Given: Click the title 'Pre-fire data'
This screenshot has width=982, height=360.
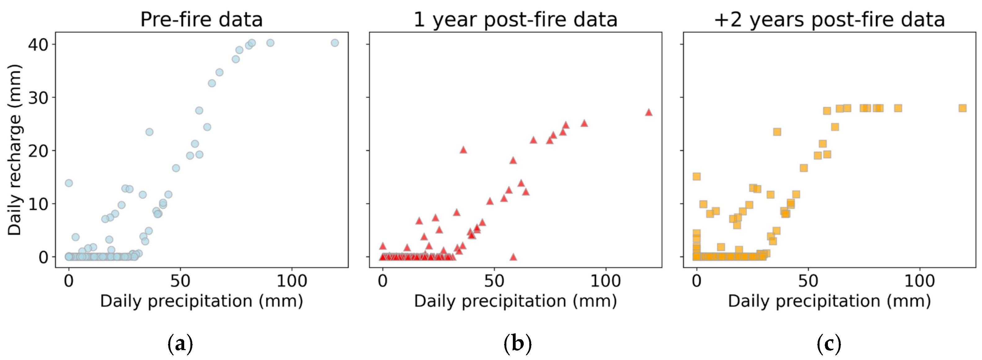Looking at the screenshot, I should pos(201,19).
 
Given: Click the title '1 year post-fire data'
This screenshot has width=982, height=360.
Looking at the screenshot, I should pos(515,19).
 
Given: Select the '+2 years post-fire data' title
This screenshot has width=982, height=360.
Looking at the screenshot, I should pos(829,19).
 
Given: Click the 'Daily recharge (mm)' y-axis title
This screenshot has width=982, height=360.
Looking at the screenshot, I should pos(15,150).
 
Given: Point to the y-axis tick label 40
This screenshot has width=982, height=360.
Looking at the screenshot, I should pos(38,45).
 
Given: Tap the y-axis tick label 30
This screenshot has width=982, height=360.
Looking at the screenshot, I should pos(38,98).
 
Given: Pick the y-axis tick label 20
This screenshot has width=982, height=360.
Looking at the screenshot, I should pos(38,151).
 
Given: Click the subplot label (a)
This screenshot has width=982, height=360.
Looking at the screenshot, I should pos(180,344).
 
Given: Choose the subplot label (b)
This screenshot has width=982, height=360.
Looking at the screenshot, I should pos(517,344).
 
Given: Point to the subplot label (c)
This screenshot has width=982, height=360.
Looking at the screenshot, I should pos(829,344).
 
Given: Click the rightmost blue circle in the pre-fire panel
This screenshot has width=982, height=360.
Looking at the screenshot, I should pos(335,43).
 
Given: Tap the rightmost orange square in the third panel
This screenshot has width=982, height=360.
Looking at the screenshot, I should pos(962,108).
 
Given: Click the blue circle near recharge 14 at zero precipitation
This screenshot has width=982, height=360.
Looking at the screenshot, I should pos(69,183).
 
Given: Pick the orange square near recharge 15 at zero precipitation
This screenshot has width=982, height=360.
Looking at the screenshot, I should pos(696,176).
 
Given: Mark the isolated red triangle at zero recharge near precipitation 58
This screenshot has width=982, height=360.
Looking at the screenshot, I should pos(513,257).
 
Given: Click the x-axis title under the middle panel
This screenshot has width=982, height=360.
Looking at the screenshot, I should pos(515,301).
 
